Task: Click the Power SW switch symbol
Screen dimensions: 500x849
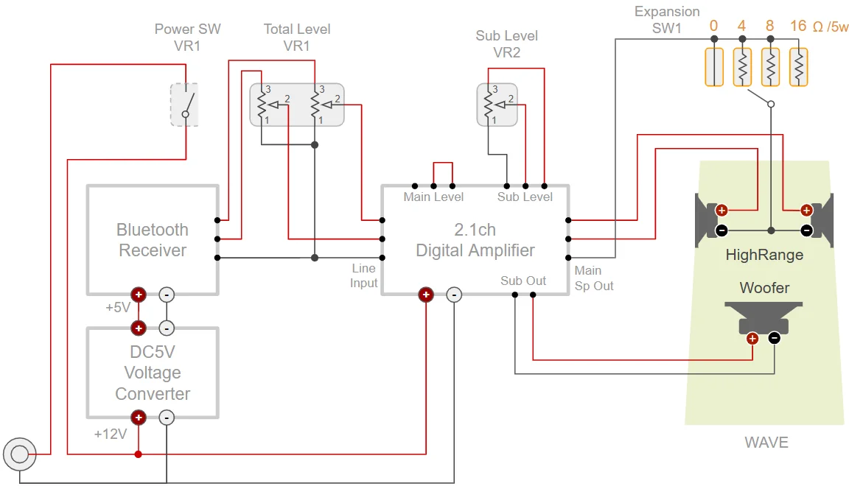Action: [184, 104]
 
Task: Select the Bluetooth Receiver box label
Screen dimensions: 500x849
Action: [153, 240]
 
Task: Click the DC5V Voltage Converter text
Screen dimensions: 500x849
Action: [153, 373]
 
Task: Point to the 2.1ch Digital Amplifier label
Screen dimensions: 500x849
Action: [475, 240]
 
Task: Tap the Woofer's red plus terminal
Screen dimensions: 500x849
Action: [752, 339]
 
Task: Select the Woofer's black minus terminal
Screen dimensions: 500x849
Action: [774, 338]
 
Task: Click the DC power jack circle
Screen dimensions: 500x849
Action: [19, 454]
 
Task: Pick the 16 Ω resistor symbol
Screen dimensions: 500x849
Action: [798, 67]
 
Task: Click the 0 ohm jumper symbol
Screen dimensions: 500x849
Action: [713, 67]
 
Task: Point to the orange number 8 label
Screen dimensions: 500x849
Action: [769, 27]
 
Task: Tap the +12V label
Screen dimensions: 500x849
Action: [111, 434]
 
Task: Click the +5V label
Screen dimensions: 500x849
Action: [118, 307]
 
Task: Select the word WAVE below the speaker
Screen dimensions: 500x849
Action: [766, 443]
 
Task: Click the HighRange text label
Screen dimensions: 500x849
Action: [764, 256]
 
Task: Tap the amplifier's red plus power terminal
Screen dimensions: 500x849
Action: [425, 295]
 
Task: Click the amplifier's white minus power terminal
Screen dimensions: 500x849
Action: [454, 295]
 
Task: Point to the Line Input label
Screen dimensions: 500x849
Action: [364, 275]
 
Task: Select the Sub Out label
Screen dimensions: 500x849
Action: [523, 281]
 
